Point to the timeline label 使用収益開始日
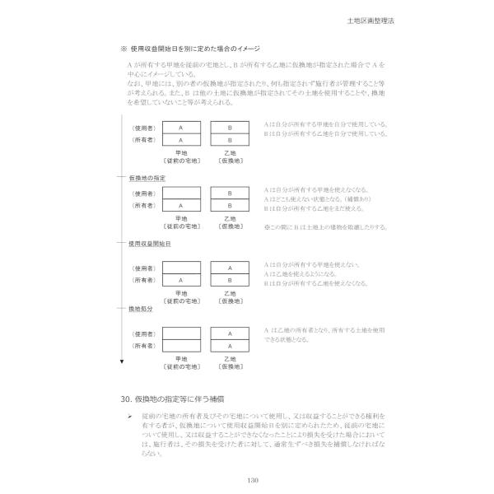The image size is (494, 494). click(x=149, y=245)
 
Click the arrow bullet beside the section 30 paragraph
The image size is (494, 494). click(x=129, y=417)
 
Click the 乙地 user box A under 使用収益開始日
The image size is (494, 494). click(x=231, y=268)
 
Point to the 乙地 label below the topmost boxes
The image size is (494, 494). click(x=231, y=152)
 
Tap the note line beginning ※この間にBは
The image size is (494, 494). click(x=326, y=226)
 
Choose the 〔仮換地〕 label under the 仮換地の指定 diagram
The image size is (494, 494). click(x=231, y=226)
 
